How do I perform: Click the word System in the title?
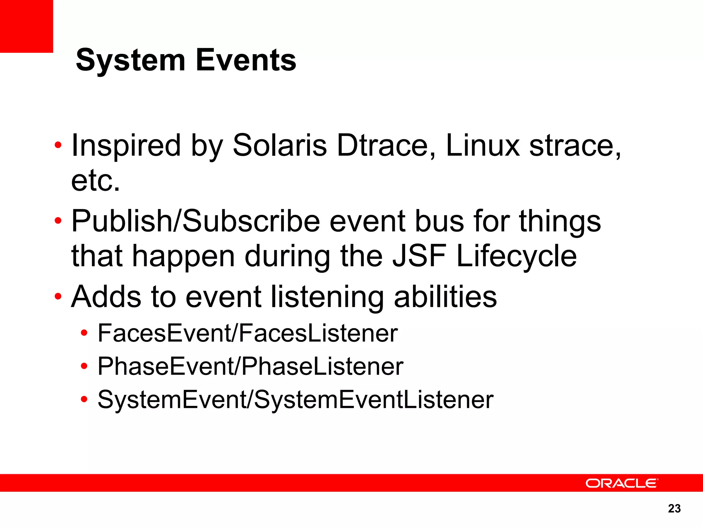pyautogui.click(x=130, y=60)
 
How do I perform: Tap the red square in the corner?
pyautogui.click(x=26, y=26)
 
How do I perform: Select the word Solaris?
pyautogui.click(x=279, y=145)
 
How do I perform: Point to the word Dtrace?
pyautogui.click(x=386, y=145)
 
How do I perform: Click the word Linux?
pyautogui.click(x=483, y=145)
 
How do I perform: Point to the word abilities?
pyautogui.click(x=445, y=297)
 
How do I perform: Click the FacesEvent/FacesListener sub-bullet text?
pyautogui.click(x=247, y=333)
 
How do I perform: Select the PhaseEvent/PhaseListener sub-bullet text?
pyautogui.click(x=250, y=366)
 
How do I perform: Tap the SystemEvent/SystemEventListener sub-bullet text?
pyautogui.click(x=295, y=400)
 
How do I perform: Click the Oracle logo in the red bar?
pyautogui.click(x=622, y=483)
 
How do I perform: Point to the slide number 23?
pyautogui.click(x=674, y=508)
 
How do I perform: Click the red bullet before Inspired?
pyautogui.click(x=58, y=145)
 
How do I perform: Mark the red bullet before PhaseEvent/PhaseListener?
pyautogui.click(x=84, y=366)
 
